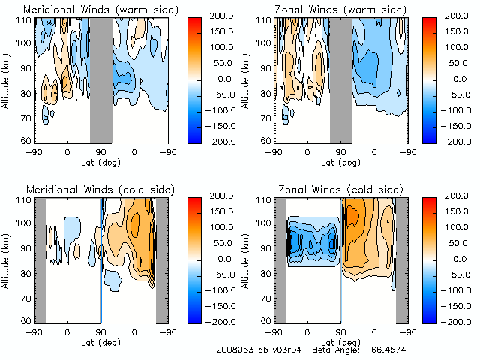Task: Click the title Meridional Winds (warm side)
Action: pos(90,10)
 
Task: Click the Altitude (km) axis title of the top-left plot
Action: pos(7,79)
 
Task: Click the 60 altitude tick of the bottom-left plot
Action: pos(25,321)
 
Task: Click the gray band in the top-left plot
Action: pos(101,79)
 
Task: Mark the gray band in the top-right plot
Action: pos(341,79)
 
